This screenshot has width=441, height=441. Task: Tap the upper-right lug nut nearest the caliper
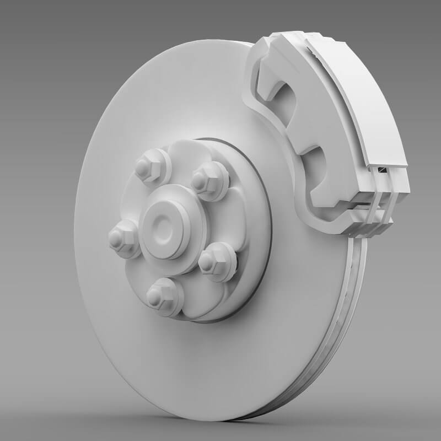(x=209, y=180)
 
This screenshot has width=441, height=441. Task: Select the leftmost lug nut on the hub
(x=122, y=239)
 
